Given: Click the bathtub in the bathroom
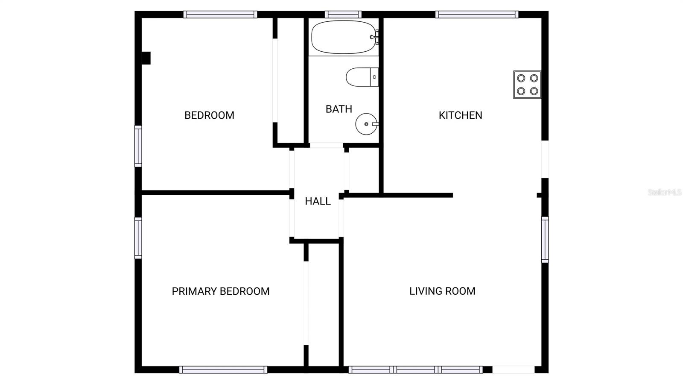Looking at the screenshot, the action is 344,37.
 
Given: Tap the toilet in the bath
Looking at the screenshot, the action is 362,77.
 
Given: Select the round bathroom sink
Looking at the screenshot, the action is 367,124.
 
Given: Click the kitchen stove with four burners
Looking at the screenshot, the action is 527,85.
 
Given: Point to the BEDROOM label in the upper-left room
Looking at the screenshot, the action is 210,115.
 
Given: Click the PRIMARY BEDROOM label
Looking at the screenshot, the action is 221,291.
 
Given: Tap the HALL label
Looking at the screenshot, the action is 318,201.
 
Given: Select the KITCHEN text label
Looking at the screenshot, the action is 461,115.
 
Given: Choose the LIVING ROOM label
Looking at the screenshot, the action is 442,291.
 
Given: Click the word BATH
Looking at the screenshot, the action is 339,109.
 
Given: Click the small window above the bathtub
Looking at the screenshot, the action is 343,15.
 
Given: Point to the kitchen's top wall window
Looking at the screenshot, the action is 477,15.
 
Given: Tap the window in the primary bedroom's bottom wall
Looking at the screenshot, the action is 223,369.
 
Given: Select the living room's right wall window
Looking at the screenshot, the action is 545,240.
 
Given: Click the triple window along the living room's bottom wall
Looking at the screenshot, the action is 416,369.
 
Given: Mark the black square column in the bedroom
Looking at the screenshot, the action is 146,58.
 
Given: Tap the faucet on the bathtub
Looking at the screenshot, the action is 375,37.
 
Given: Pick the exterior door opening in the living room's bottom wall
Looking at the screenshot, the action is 514,369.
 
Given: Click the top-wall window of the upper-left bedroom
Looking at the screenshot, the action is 220,15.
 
